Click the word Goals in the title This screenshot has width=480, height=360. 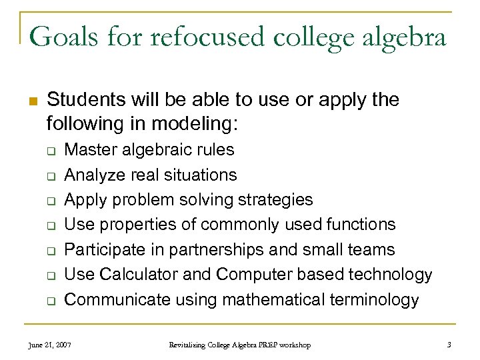pos(61,36)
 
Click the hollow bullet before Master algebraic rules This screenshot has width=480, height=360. pos(50,151)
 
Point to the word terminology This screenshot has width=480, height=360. pos(374,300)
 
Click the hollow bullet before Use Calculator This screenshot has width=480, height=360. pos(50,276)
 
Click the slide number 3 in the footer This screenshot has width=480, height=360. pos(450,345)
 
